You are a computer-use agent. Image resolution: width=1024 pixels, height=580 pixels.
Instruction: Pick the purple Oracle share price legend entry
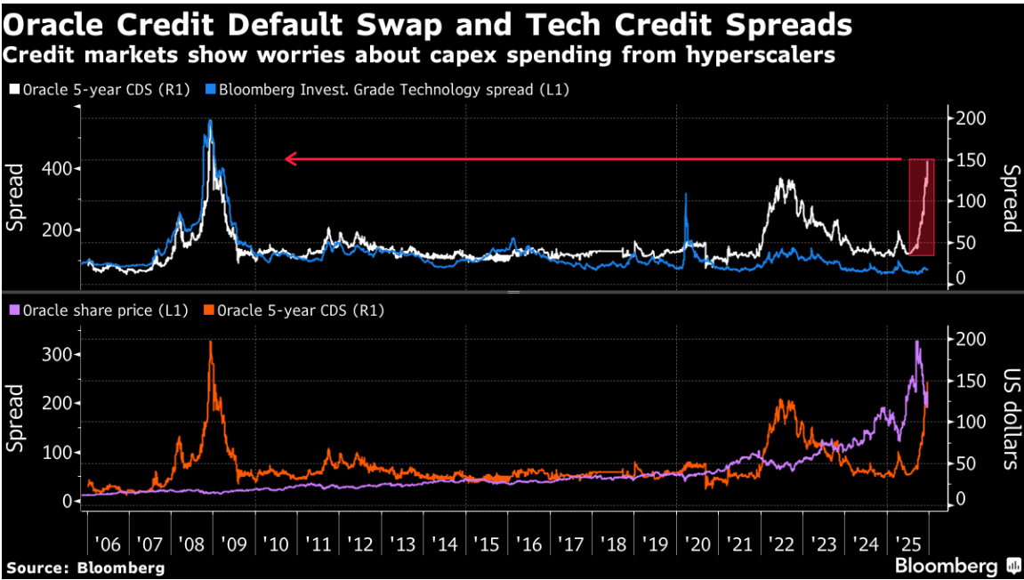point(105,310)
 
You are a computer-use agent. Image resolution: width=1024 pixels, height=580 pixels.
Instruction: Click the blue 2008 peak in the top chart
point(210,122)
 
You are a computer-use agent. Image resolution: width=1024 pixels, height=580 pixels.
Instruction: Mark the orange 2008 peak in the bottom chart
point(211,342)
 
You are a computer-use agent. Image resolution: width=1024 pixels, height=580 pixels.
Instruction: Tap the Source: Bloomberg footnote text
point(85,567)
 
